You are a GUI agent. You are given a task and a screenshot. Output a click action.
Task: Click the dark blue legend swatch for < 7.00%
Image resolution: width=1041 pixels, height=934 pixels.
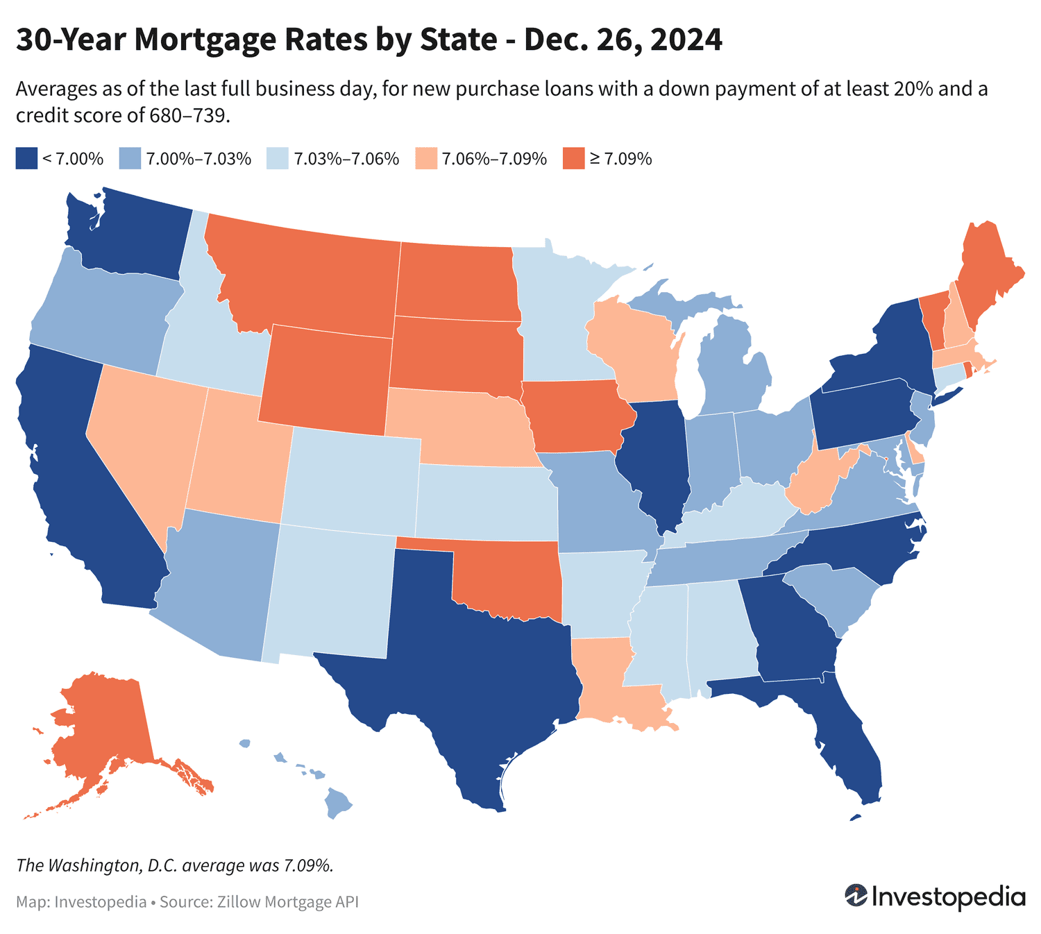(x=26, y=159)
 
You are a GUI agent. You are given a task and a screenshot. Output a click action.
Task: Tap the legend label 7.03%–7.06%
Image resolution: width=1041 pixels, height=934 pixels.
(x=346, y=159)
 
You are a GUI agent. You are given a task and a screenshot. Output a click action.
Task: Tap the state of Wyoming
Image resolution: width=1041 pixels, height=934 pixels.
(x=326, y=378)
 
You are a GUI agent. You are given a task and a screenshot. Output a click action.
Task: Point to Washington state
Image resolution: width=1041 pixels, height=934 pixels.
(x=132, y=236)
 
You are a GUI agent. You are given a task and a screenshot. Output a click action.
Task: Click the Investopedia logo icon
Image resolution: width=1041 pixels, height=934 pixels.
(x=856, y=896)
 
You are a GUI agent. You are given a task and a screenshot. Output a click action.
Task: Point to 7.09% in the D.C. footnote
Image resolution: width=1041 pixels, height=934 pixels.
(x=308, y=865)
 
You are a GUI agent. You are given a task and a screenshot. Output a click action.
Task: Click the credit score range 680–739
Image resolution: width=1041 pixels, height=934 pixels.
(x=187, y=115)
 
